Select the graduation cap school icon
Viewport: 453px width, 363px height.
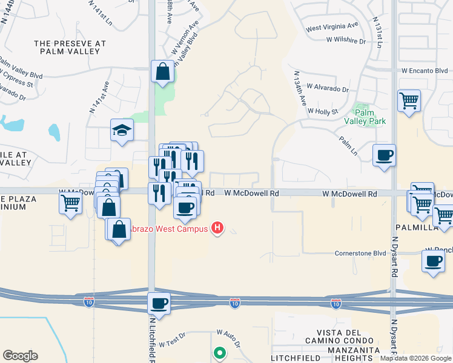point(122,130)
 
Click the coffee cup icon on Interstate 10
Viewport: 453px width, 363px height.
point(159,303)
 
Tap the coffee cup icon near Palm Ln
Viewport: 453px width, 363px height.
point(385,156)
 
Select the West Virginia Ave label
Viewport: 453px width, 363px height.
point(332,27)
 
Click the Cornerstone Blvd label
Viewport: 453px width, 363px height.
point(360,253)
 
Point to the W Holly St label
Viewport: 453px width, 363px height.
point(322,111)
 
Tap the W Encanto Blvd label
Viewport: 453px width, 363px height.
point(425,71)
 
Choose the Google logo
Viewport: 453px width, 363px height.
point(20,356)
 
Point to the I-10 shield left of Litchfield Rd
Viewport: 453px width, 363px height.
point(88,302)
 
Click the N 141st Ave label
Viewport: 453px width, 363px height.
point(98,98)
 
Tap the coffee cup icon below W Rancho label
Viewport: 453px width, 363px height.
point(433,261)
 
